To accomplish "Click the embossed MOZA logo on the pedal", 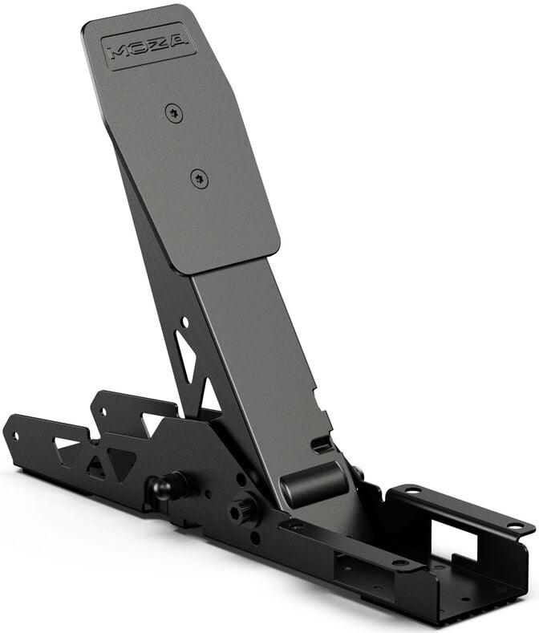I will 149,45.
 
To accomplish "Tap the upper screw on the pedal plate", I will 173,113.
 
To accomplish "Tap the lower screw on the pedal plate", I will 200,179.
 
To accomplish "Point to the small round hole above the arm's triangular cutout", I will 184,322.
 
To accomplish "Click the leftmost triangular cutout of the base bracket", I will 66,444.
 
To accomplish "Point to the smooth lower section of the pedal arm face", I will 257,345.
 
